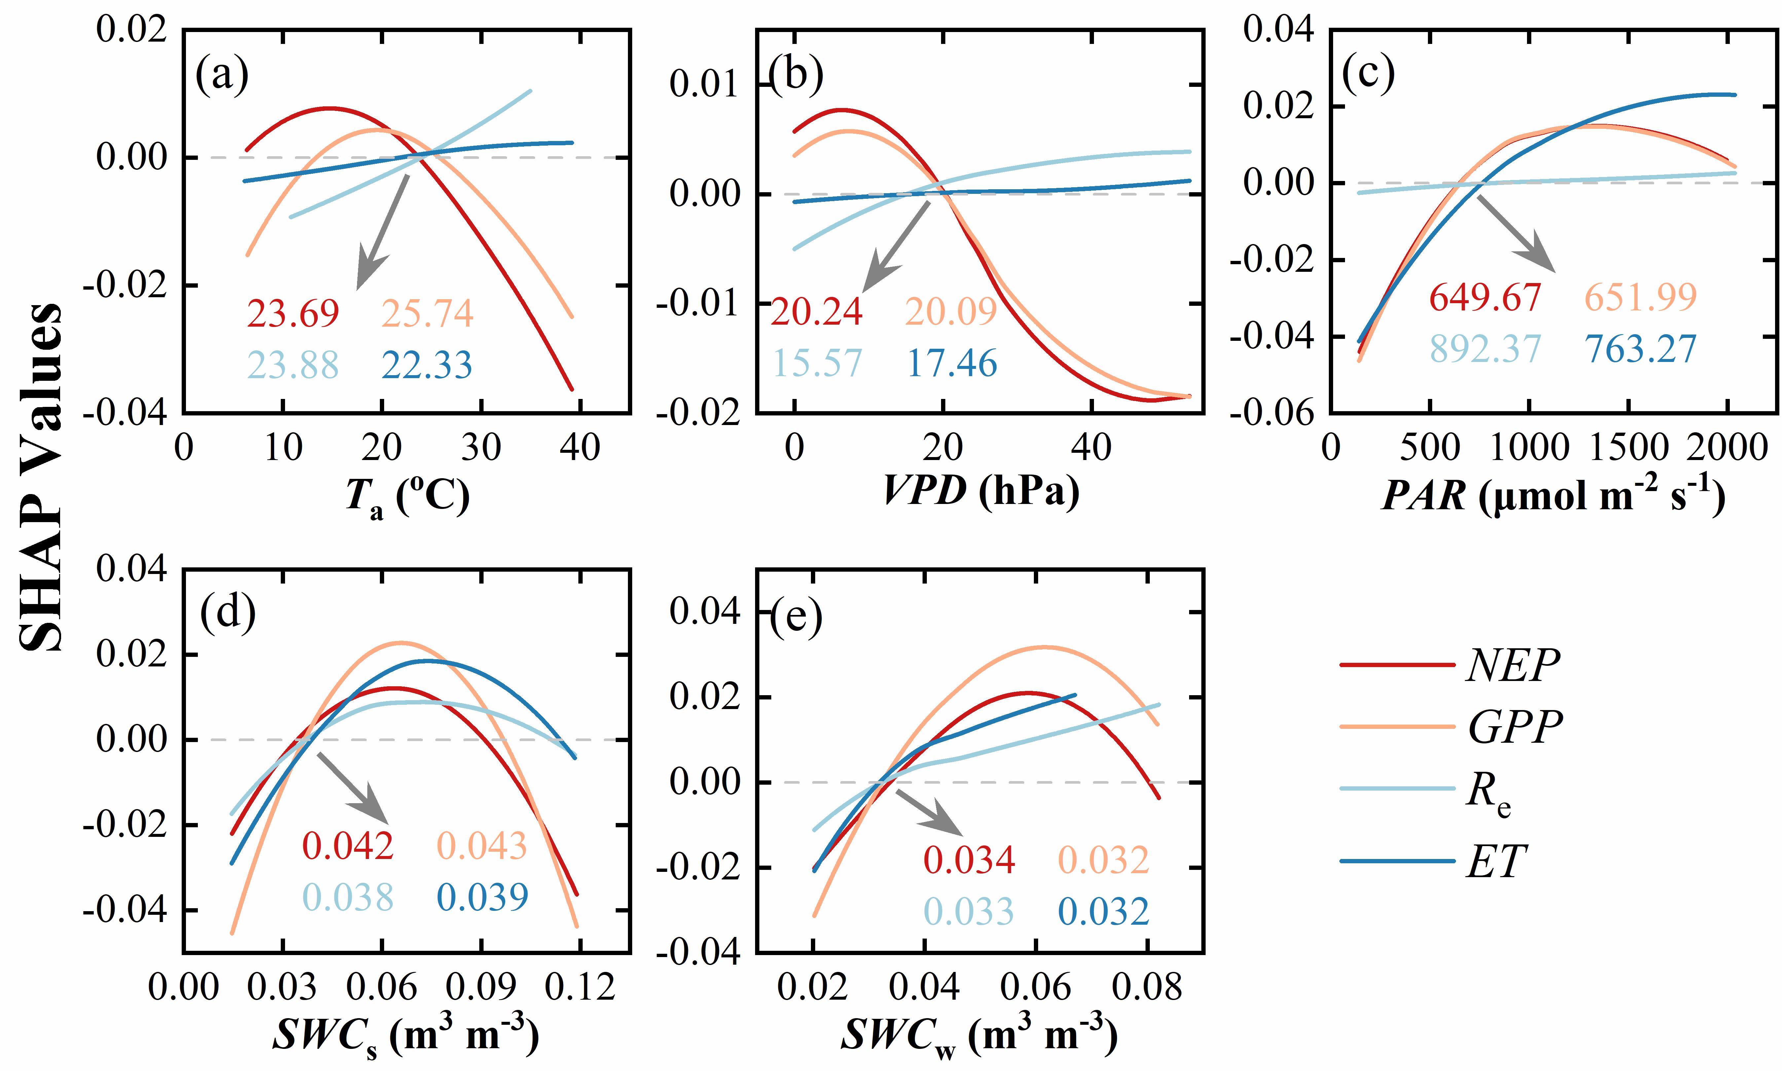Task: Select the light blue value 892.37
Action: coord(1485,349)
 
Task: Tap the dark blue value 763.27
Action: coord(1640,349)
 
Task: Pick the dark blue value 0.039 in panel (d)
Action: coord(482,897)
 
